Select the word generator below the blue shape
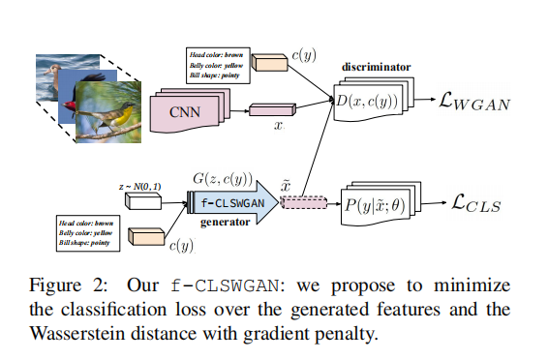(227, 223)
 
